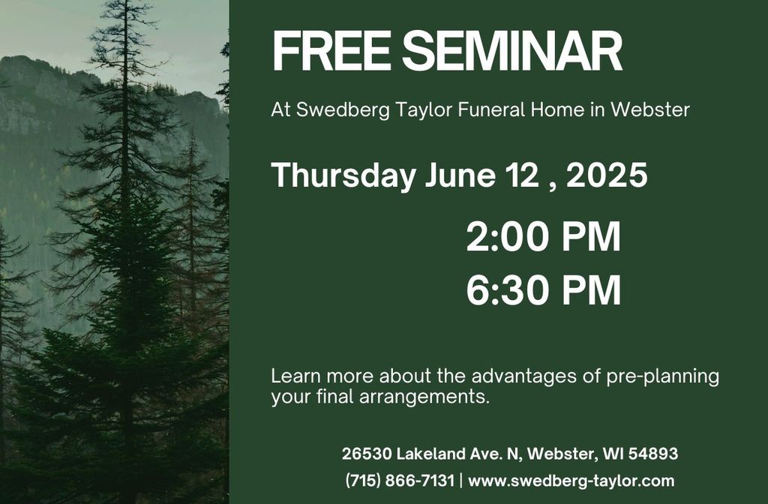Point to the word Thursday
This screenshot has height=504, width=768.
(x=343, y=175)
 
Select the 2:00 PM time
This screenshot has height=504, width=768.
(x=543, y=237)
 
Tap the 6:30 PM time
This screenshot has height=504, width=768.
(x=543, y=290)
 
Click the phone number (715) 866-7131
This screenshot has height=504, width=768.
(x=400, y=481)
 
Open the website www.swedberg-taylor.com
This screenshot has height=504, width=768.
(x=571, y=481)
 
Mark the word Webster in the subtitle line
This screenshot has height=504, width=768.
(x=650, y=110)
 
